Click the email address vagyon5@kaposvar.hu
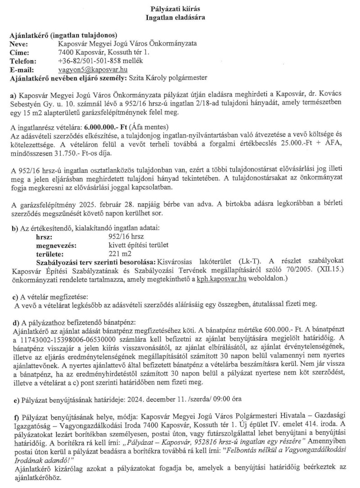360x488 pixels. point(93,70)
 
